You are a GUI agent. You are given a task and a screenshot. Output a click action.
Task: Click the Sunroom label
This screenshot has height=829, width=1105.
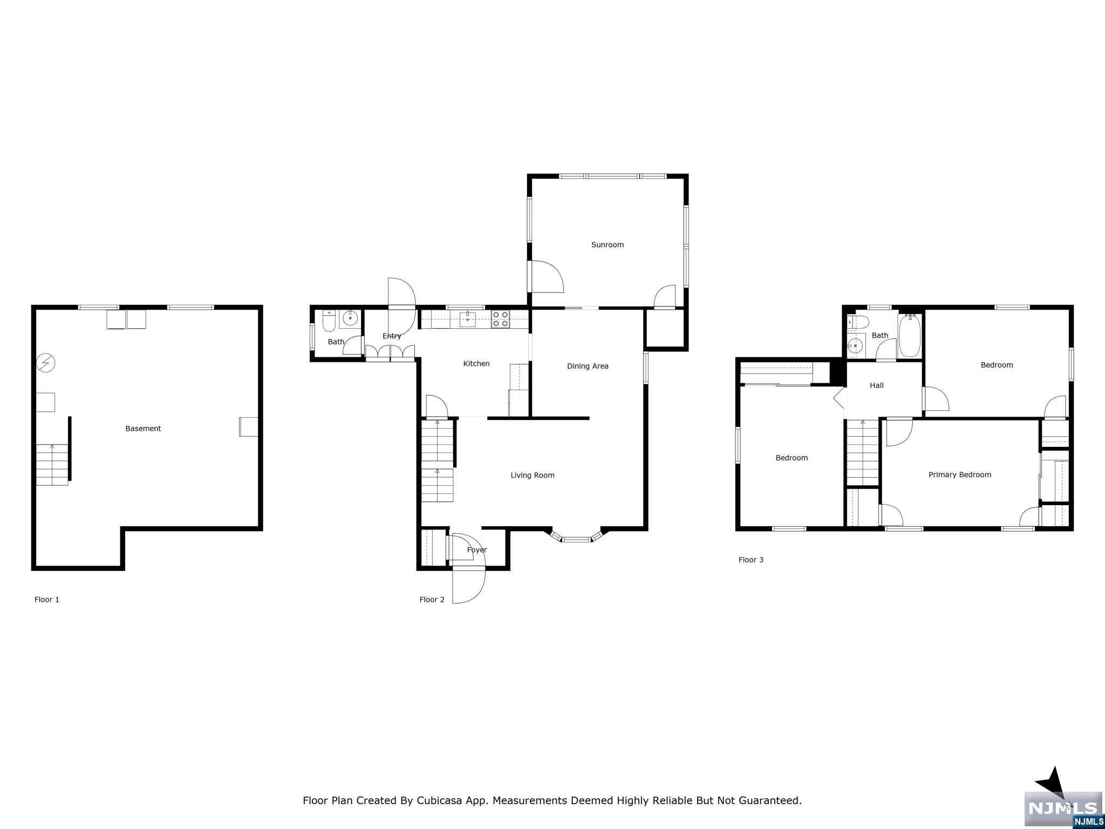click(607, 245)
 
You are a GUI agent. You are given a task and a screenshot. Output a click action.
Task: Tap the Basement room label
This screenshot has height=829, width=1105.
click(143, 429)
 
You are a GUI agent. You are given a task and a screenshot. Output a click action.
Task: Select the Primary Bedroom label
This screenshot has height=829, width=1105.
click(959, 475)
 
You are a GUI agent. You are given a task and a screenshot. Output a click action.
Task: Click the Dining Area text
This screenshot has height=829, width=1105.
click(587, 366)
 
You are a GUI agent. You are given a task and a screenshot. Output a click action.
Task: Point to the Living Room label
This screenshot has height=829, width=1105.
click(532, 475)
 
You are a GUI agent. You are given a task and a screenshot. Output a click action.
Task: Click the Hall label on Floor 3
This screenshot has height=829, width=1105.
click(876, 385)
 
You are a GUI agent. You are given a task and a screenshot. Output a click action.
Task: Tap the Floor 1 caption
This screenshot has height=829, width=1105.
click(47, 599)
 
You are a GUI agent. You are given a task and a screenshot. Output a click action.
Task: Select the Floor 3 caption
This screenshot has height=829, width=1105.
click(751, 560)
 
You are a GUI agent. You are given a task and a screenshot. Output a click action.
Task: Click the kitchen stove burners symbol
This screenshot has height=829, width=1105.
click(500, 319)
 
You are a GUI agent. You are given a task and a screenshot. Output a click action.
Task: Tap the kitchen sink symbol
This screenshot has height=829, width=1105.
click(467, 319)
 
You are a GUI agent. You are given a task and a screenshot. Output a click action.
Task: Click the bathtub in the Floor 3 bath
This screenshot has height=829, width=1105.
click(910, 336)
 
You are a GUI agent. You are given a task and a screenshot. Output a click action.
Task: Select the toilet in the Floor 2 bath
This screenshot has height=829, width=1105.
click(329, 322)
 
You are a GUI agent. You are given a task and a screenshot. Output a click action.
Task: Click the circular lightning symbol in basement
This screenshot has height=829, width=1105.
click(45, 363)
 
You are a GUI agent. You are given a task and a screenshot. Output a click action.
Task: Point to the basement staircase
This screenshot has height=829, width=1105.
click(52, 464)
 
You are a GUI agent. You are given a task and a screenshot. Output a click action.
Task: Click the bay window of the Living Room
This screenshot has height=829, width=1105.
click(576, 538)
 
